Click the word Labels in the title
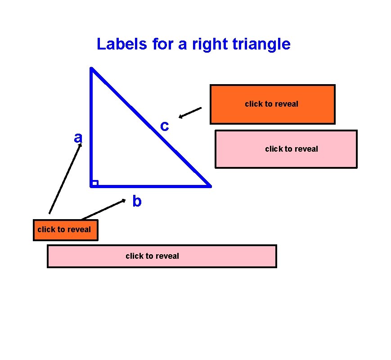[x=118, y=45]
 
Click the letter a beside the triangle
[x=78, y=138]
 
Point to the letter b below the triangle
[x=137, y=202]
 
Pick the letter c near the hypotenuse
[x=165, y=126]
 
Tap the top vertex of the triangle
[x=91, y=69]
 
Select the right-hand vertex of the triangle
[x=210, y=185]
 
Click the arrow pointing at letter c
[x=190, y=112]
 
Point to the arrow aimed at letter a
[x=65, y=178]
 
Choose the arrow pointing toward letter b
[x=103, y=209]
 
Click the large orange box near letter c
[x=272, y=104]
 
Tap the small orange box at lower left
[x=65, y=229]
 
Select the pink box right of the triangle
[x=286, y=149]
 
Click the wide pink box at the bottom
[x=162, y=256]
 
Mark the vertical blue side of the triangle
[x=91, y=126]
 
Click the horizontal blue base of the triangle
[x=151, y=185]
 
